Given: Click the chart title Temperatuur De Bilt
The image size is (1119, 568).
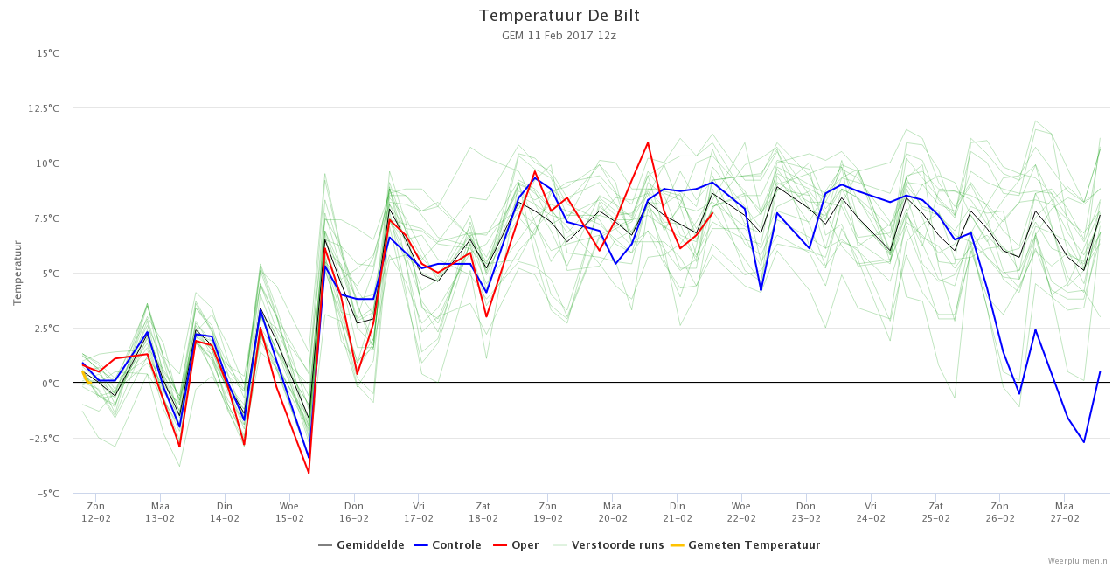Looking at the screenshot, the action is point(559,16).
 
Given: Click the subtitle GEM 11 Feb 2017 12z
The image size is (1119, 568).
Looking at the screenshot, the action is point(559,36).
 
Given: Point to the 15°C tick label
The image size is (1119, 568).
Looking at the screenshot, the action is point(47,53).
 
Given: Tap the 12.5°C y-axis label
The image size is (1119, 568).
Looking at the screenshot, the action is point(44,108).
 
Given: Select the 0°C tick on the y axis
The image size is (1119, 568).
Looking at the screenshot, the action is point(51,384).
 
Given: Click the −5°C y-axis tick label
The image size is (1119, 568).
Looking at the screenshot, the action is point(48,494).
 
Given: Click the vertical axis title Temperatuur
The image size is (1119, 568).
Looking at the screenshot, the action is point(17,273).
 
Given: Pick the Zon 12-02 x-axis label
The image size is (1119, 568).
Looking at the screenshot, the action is point(96,512).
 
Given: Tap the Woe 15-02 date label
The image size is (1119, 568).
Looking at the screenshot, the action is point(289,512).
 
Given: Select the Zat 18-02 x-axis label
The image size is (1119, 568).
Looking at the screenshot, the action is point(483,512).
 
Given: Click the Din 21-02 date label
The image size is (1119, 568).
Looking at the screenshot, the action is point(678,512).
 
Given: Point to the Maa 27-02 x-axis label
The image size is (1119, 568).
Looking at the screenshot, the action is point(1065,512).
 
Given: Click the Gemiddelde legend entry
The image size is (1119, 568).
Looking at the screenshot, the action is point(361,545).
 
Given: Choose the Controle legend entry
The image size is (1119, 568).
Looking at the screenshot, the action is point(448,545).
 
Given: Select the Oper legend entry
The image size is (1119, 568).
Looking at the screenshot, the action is point(516,545).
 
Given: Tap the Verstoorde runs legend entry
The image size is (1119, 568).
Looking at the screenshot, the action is point(608,545).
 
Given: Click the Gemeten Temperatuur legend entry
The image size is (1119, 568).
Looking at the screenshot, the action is point(746,545).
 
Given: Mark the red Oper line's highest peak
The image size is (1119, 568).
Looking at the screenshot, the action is point(648,142).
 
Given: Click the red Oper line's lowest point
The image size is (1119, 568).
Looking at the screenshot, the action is point(309,473).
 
